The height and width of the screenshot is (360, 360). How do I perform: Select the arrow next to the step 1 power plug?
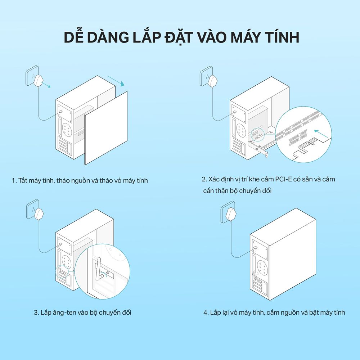coord(46,85)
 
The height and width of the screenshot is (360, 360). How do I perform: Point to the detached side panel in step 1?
coord(106,128)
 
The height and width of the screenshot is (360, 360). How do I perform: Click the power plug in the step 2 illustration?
coord(213,80)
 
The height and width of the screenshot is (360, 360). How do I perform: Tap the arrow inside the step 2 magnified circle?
coord(321,134)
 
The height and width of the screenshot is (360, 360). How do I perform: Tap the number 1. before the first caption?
coord(14,180)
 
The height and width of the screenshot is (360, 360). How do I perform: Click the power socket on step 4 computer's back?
coord(255,248)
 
